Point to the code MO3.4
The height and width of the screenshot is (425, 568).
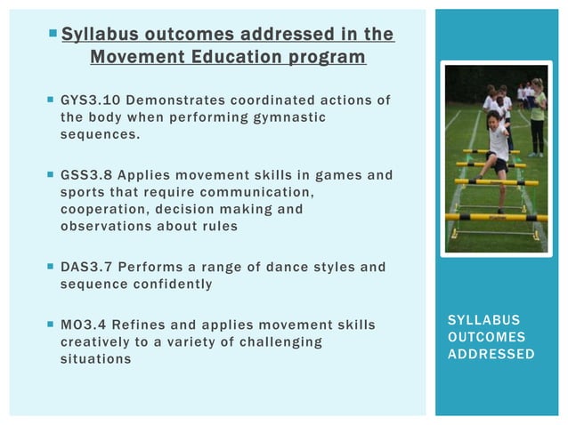[x=85, y=325]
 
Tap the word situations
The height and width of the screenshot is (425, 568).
[x=95, y=358]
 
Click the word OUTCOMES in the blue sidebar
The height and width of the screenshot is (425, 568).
[x=491, y=337]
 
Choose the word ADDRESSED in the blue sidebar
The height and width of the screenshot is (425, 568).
[x=491, y=355]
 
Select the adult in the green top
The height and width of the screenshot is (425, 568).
[x=537, y=116]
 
